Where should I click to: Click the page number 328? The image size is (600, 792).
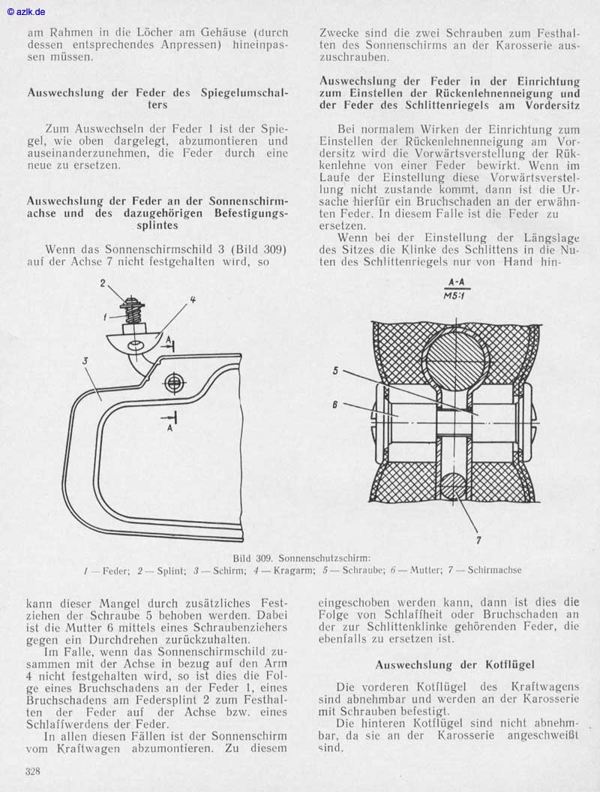(x=32, y=771)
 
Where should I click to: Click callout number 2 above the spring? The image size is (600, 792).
(x=106, y=283)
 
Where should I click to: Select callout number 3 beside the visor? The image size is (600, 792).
(x=85, y=361)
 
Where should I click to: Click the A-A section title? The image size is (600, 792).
(x=453, y=282)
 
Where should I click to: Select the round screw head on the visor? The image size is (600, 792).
(x=175, y=382)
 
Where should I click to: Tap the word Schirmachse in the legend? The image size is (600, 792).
(x=493, y=571)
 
